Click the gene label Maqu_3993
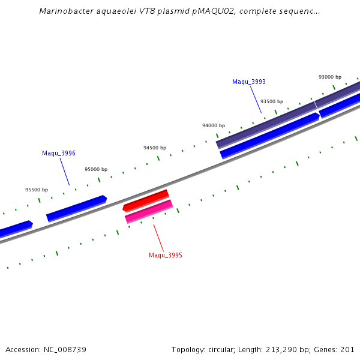click(248, 82)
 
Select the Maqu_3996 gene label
click(58, 153)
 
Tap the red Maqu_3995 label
click(166, 255)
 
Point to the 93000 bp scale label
click(329, 77)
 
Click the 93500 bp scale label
click(271, 101)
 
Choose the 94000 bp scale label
click(213, 125)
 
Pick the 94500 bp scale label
click(155, 148)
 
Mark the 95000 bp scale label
click(96, 169)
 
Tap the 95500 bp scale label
click(37, 190)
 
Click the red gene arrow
click(146, 200)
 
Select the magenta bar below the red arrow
click(149, 211)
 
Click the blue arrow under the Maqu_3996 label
click(76, 208)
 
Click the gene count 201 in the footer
click(348, 349)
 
